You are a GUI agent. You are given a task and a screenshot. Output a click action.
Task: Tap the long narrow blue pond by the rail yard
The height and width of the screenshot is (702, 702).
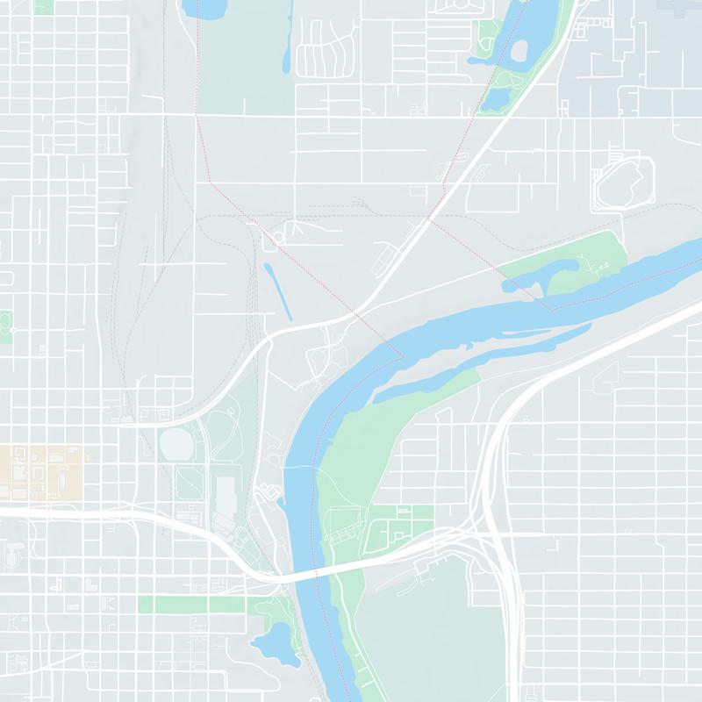278,290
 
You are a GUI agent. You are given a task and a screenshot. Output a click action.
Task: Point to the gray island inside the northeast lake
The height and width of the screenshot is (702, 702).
519,51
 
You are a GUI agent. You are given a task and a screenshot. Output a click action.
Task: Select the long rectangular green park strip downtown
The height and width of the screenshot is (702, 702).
193,605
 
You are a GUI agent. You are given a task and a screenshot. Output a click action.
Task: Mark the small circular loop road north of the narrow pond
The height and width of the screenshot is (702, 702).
279,238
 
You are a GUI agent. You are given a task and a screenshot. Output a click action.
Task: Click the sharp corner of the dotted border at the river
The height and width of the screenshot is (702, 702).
402,355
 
